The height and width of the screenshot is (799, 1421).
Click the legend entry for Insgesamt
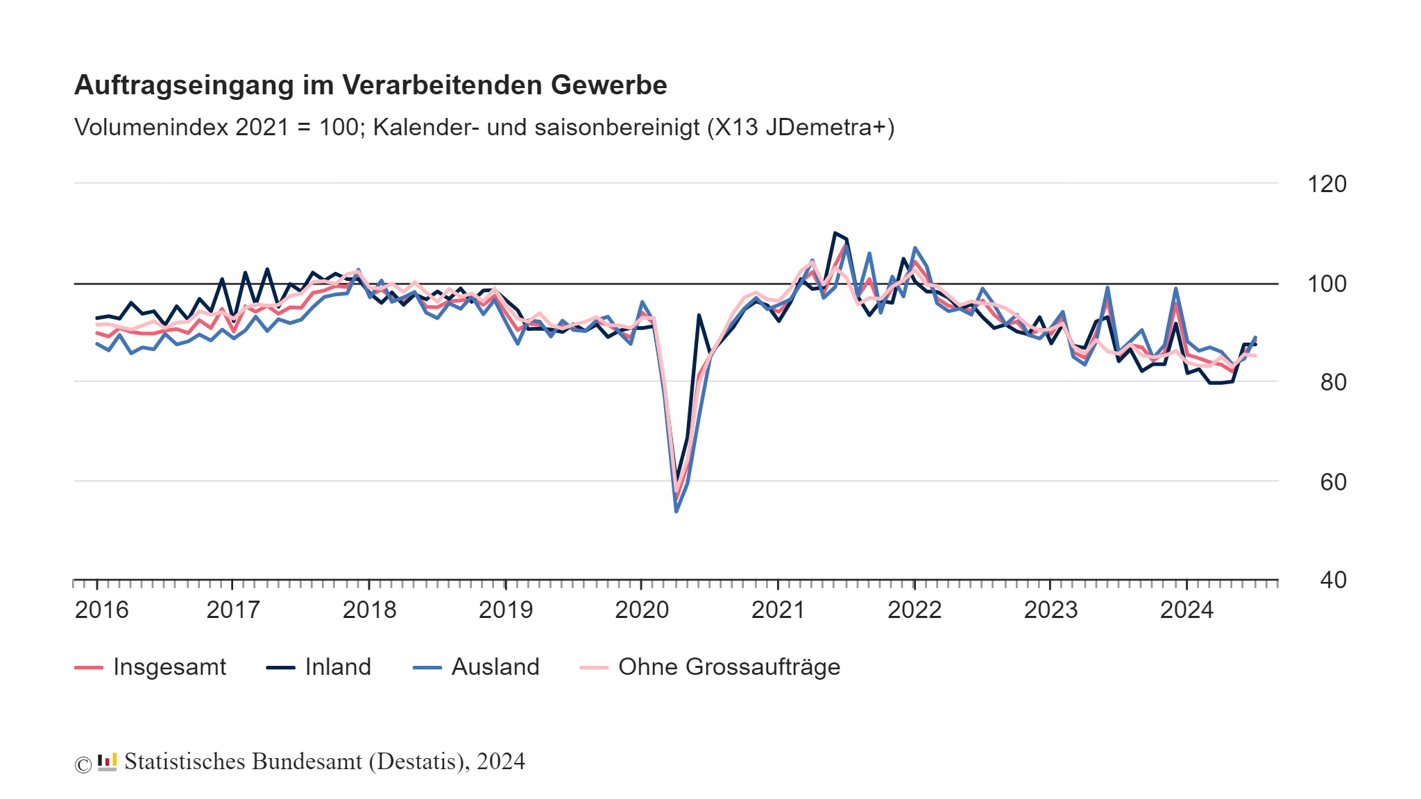coord(169,667)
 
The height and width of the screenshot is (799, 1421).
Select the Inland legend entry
coord(337,667)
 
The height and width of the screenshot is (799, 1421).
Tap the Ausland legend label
coord(495,667)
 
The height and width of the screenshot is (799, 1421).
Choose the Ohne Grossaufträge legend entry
coord(729,667)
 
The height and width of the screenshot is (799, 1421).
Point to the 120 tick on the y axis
coord(1326,184)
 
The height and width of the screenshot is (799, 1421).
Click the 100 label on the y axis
coord(1326,284)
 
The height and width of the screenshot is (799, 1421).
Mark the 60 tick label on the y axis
coord(1332,482)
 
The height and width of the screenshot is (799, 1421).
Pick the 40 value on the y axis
coord(1332,580)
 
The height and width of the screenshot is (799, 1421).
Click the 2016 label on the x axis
coord(101,610)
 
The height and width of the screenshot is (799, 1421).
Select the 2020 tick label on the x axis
coord(641,610)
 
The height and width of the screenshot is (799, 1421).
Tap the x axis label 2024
coord(1186,610)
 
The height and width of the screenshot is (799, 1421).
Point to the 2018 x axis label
coord(369,610)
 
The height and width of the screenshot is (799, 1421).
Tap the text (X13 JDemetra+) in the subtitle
coord(800,128)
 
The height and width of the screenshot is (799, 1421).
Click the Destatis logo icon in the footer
coord(107,762)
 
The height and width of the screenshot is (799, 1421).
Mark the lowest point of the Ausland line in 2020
coord(677,511)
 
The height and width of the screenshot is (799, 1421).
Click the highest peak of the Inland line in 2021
coord(835,233)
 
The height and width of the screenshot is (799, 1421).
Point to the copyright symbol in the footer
coord(83,764)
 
